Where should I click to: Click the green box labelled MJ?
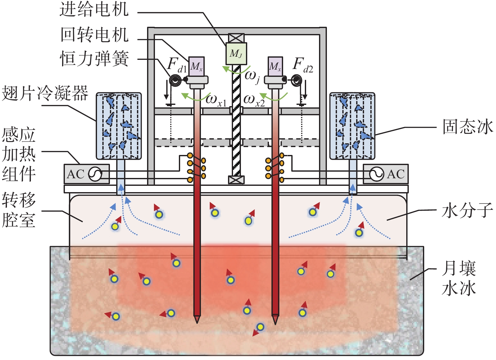click(x=236, y=54)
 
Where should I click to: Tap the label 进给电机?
click(x=94, y=10)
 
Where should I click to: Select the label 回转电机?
click(x=94, y=35)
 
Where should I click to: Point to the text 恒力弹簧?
click(x=94, y=59)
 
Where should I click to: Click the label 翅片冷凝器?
click(x=45, y=93)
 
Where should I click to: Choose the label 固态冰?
click(x=468, y=127)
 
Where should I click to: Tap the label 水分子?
click(x=467, y=211)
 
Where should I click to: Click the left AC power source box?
click(x=87, y=174)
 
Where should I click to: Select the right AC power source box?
click(x=385, y=174)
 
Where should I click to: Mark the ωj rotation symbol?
click(x=252, y=77)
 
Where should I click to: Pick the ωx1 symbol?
click(x=216, y=101)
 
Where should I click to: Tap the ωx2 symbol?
click(x=254, y=101)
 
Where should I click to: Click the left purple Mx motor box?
click(x=197, y=66)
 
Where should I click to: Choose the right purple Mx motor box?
click(x=275, y=66)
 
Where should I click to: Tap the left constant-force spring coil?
click(x=175, y=80)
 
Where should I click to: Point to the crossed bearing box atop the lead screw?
click(x=236, y=38)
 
